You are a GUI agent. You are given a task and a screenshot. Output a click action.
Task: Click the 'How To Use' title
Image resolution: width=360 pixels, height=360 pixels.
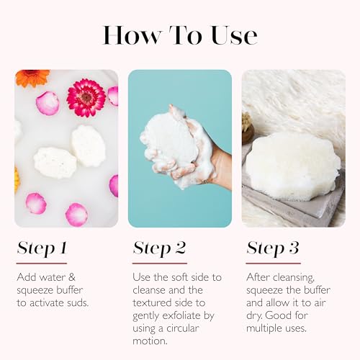(179, 34)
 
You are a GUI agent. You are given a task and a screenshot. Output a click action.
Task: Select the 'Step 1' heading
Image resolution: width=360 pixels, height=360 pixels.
(41, 248)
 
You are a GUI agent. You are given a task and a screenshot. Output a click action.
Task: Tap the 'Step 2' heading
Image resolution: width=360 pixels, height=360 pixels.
(159, 248)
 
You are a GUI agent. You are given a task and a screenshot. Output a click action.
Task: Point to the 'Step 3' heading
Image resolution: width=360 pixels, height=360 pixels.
(274, 248)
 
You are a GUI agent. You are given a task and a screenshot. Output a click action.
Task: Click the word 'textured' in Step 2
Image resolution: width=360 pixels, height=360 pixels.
(155, 302)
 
